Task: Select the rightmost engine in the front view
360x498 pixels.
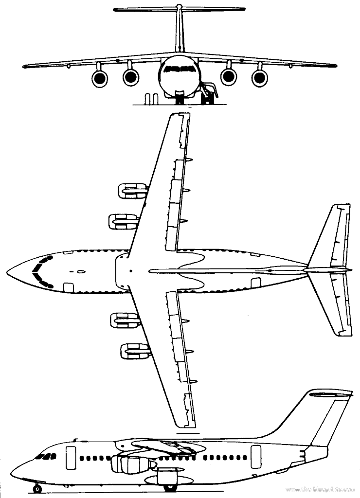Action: [260, 77]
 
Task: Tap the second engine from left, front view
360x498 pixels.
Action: [131, 76]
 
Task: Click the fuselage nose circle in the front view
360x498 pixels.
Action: [180, 78]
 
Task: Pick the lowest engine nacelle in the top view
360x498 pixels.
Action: [132, 351]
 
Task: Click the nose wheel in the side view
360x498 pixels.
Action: [37, 488]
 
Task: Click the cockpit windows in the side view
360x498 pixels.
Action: [46, 457]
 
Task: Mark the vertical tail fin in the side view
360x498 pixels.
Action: [321, 413]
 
